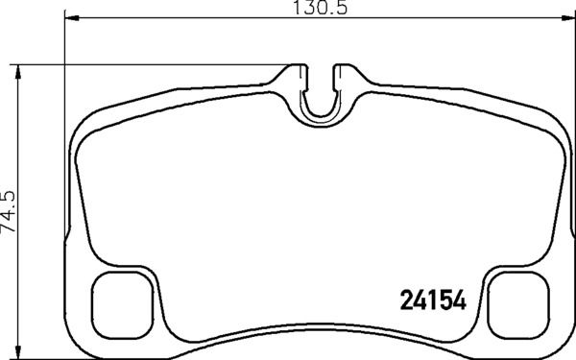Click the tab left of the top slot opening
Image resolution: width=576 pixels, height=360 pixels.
299,71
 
